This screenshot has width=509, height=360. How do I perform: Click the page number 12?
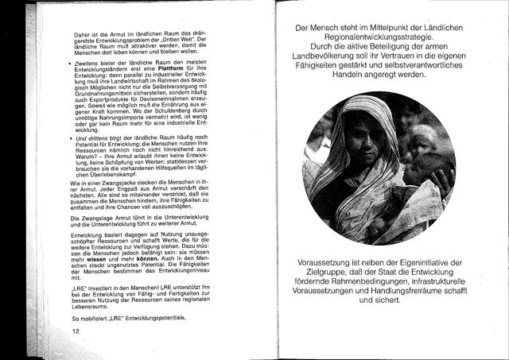76,331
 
